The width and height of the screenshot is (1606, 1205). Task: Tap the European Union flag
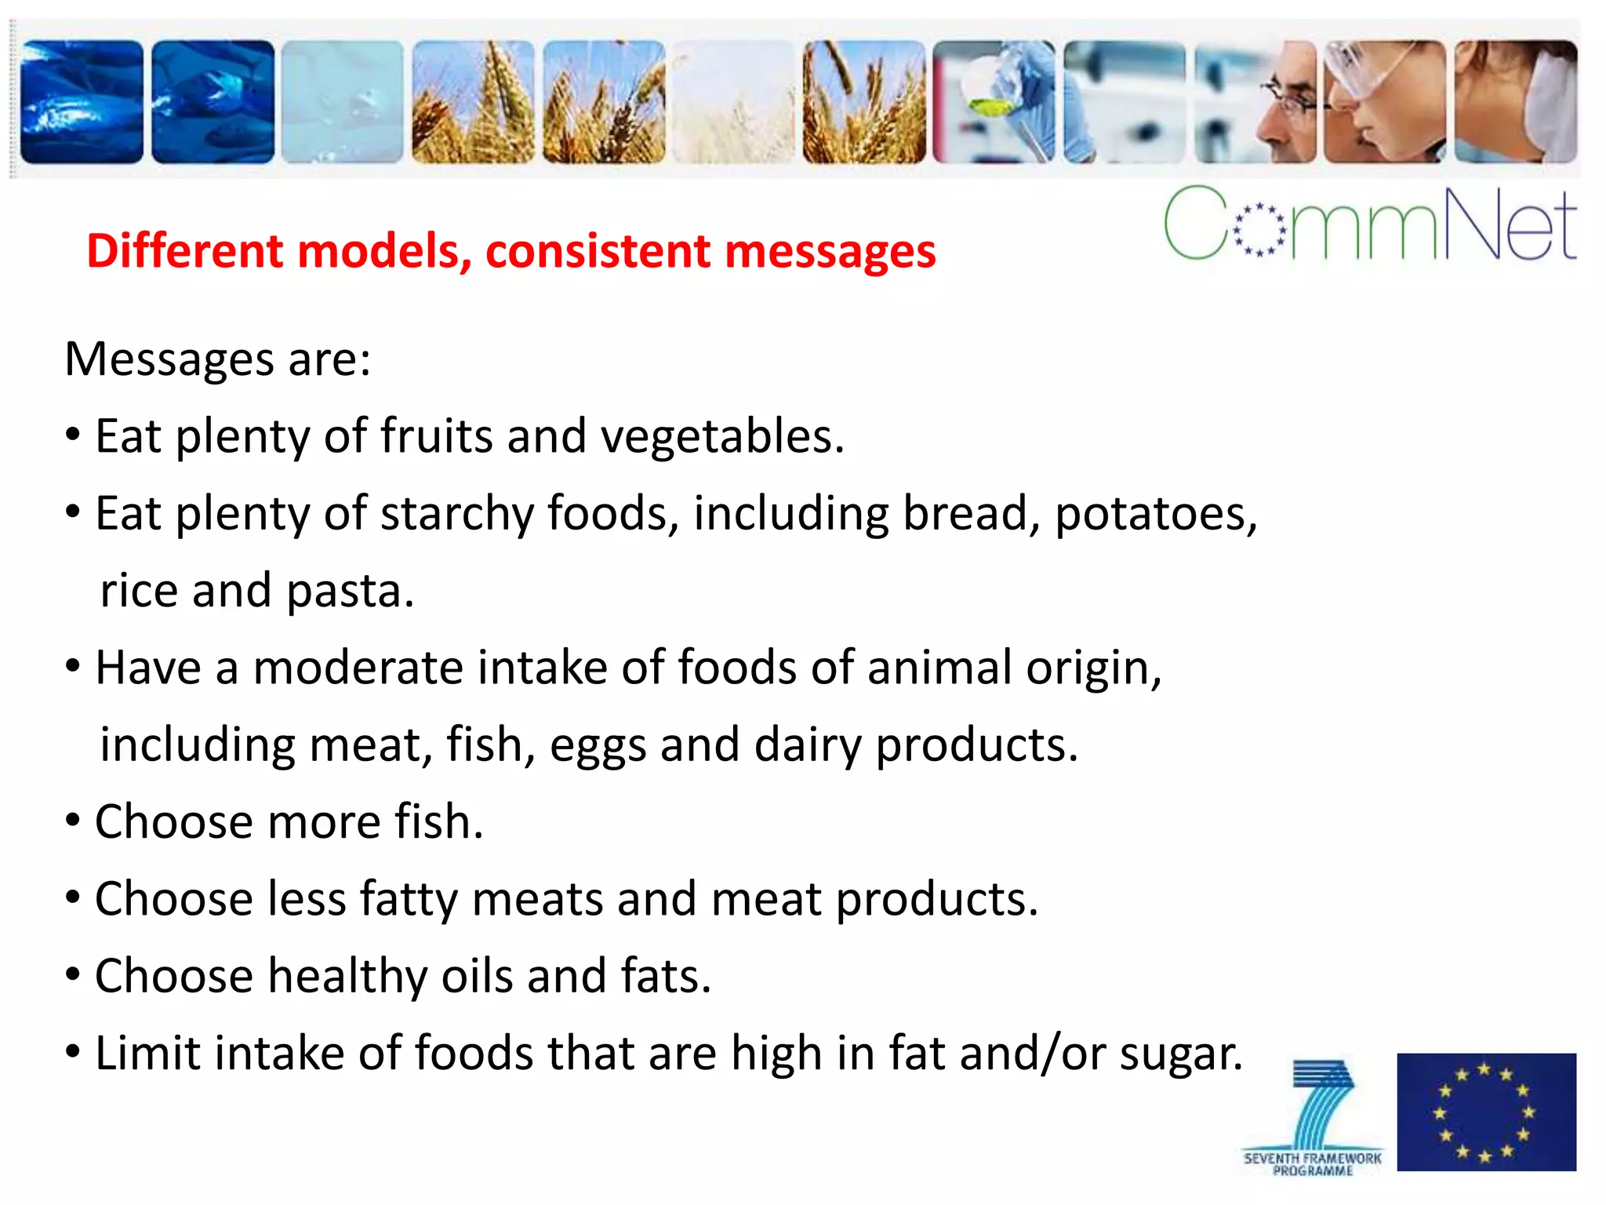[1486, 1112]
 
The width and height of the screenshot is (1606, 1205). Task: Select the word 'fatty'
[409, 900]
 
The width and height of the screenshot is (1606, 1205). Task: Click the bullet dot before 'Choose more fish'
[73, 821]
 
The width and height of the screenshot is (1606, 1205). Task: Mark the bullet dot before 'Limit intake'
[73, 1052]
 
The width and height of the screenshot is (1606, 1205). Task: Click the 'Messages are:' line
[217, 360]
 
